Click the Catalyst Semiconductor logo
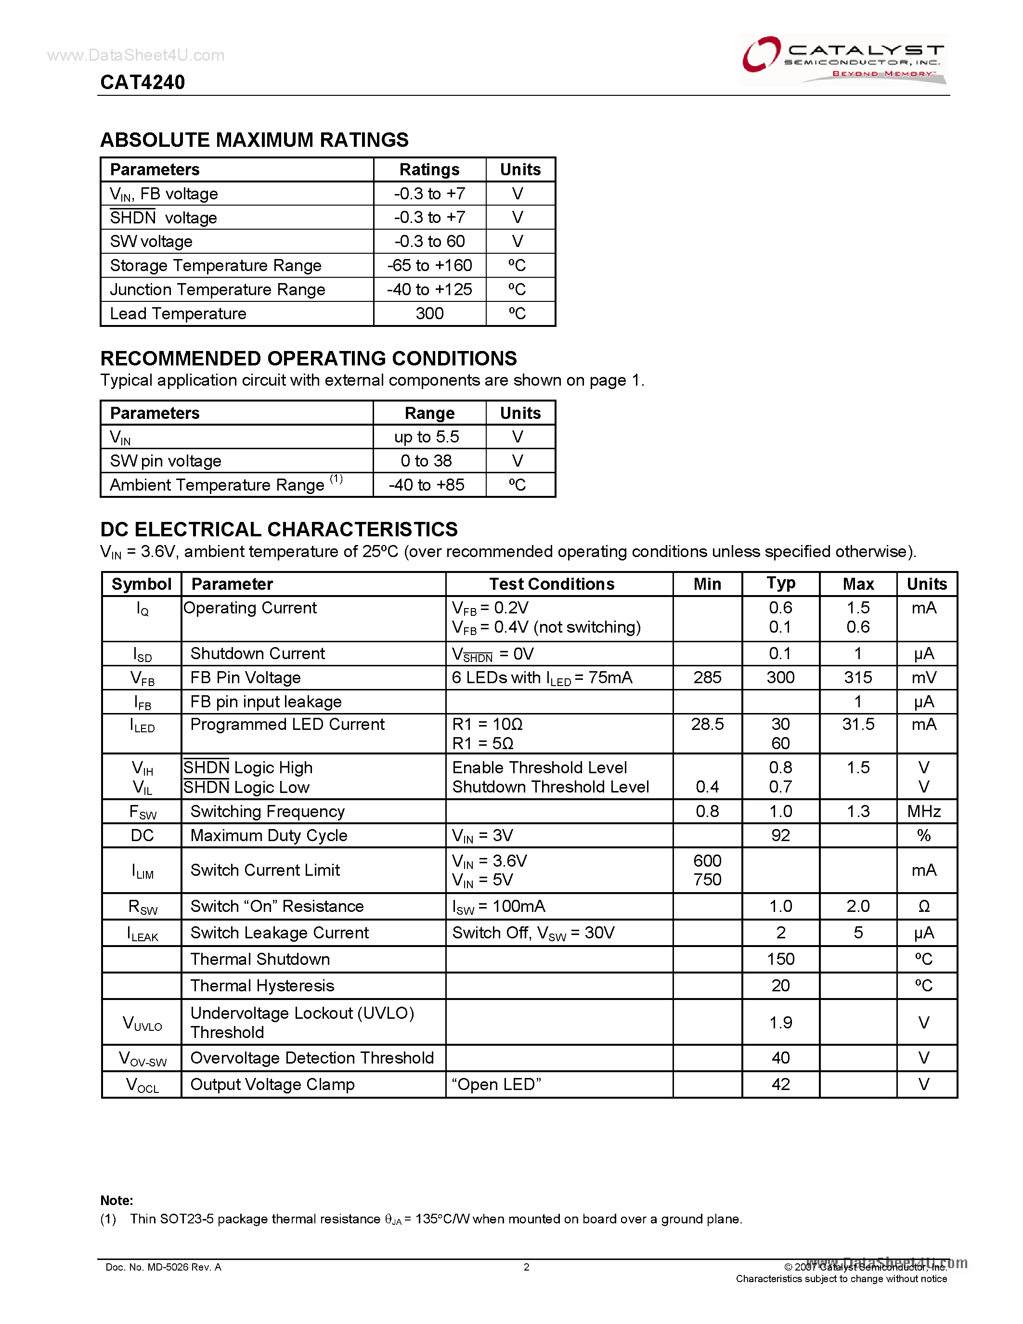(x=843, y=59)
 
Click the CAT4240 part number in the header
(x=142, y=82)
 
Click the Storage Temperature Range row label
(x=215, y=266)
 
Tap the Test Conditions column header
(x=552, y=584)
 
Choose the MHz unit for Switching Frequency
(x=924, y=811)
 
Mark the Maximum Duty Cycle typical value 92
(x=780, y=835)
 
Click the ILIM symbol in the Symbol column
(x=142, y=871)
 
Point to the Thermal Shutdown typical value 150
(x=780, y=959)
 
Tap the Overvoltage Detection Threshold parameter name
(x=311, y=1058)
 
